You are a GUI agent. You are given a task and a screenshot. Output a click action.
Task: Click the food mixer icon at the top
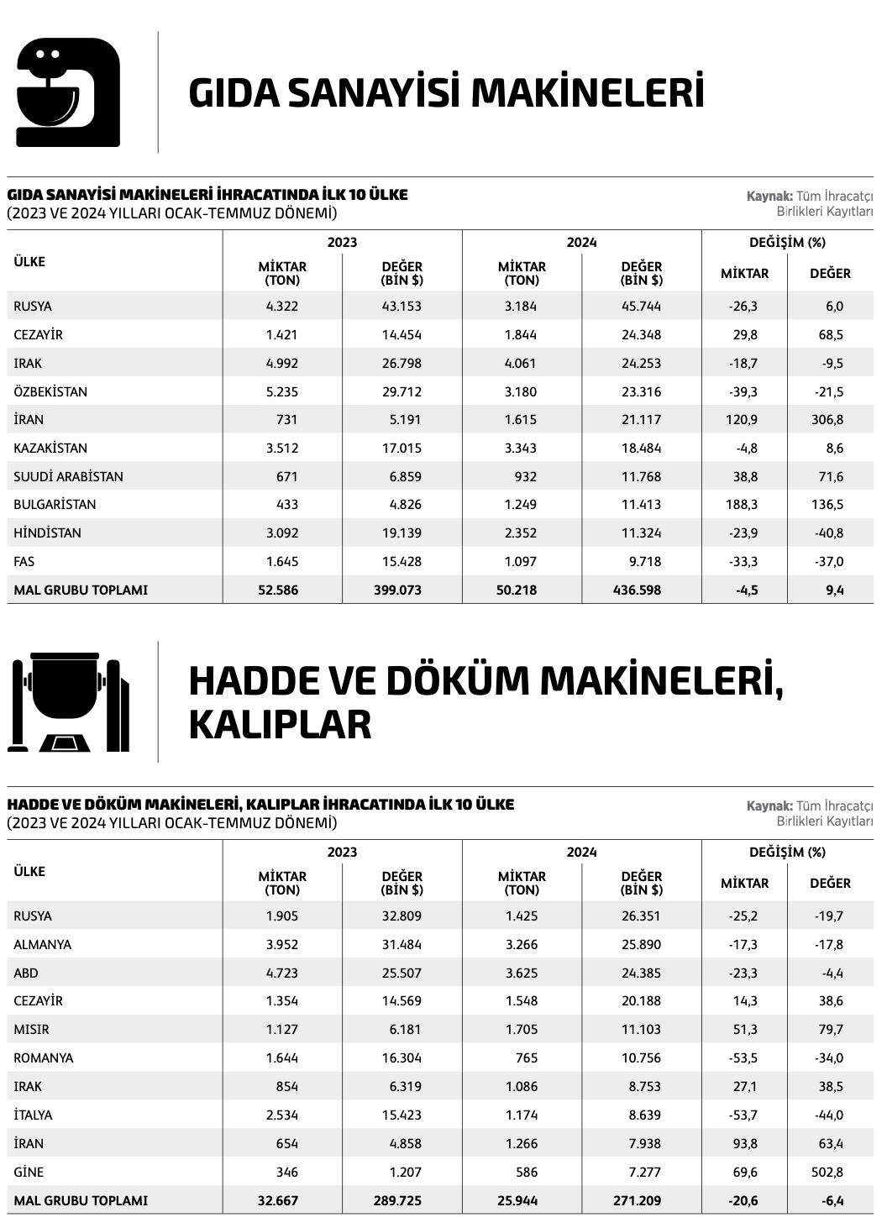pyautogui.click(x=68, y=92)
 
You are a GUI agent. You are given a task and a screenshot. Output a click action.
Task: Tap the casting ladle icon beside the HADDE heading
pyautogui.click(x=68, y=701)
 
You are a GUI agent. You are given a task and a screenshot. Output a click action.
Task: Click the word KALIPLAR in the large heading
pyautogui.click(x=280, y=725)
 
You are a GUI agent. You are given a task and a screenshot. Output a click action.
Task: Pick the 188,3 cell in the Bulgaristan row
pyautogui.click(x=740, y=505)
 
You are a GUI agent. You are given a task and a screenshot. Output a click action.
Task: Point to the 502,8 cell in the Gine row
pyautogui.click(x=827, y=1172)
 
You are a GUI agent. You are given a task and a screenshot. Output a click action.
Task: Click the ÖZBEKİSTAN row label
pyautogui.click(x=50, y=392)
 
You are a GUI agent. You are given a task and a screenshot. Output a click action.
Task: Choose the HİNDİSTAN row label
pyautogui.click(x=48, y=533)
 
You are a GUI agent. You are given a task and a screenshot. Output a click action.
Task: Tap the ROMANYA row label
pyautogui.click(x=44, y=1058)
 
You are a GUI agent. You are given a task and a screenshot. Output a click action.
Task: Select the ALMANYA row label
pyautogui.click(x=43, y=945)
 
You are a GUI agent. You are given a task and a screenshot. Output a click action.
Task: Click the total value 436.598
pyautogui.click(x=640, y=590)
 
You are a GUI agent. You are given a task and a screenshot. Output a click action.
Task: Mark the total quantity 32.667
pyautogui.click(x=277, y=1200)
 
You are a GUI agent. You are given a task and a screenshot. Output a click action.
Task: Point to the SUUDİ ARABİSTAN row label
pyautogui.click(x=68, y=477)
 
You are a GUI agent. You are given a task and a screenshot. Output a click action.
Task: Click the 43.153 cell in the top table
pyautogui.click(x=402, y=307)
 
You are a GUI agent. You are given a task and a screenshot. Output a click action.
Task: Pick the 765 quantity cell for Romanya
pyautogui.click(x=526, y=1058)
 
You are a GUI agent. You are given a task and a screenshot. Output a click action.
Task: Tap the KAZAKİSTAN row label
pyautogui.click(x=50, y=449)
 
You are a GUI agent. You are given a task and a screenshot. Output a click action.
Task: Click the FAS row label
pyautogui.click(x=24, y=562)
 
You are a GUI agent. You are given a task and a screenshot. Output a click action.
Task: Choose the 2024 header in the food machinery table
pyautogui.click(x=581, y=243)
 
